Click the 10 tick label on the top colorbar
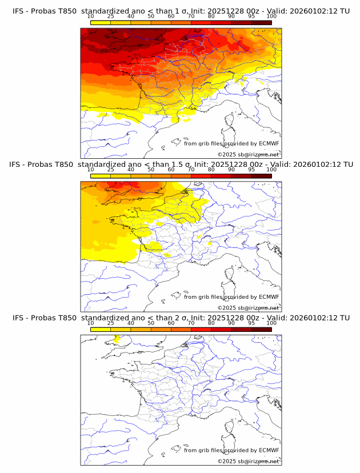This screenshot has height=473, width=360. coord(91,17)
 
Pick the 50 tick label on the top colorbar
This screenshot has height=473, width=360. coord(151,17)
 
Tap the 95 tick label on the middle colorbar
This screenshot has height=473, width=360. coord(251,170)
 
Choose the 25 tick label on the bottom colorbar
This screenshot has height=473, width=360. coord(111,323)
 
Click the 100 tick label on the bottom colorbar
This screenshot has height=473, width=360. coord(271,323)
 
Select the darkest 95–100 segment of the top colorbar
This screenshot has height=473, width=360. coord(261,23)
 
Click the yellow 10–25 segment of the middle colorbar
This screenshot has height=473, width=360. coord(101,176)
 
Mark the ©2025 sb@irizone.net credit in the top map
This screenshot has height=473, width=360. coord(248,155)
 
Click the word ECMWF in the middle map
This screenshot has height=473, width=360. coord(269,297)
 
